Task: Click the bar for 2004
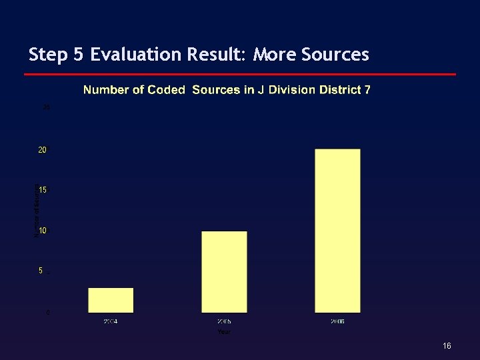tap(111, 300)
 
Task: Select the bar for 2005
tap(224, 271)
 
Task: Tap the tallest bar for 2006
tap(337, 230)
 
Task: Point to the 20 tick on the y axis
tap(42, 150)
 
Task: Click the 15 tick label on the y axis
tap(42, 191)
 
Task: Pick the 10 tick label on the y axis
tap(42, 231)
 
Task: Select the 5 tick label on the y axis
tap(41, 271)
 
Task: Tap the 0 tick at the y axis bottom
tap(47, 312)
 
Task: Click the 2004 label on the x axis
tap(111, 322)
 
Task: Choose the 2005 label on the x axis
tap(224, 322)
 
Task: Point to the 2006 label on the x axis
tap(337, 322)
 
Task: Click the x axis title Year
tap(224, 331)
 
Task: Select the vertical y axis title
tap(36, 211)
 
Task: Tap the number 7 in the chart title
tap(367, 90)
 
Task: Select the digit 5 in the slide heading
tap(79, 55)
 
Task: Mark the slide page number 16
tap(447, 346)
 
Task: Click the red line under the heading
tap(240, 74)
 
